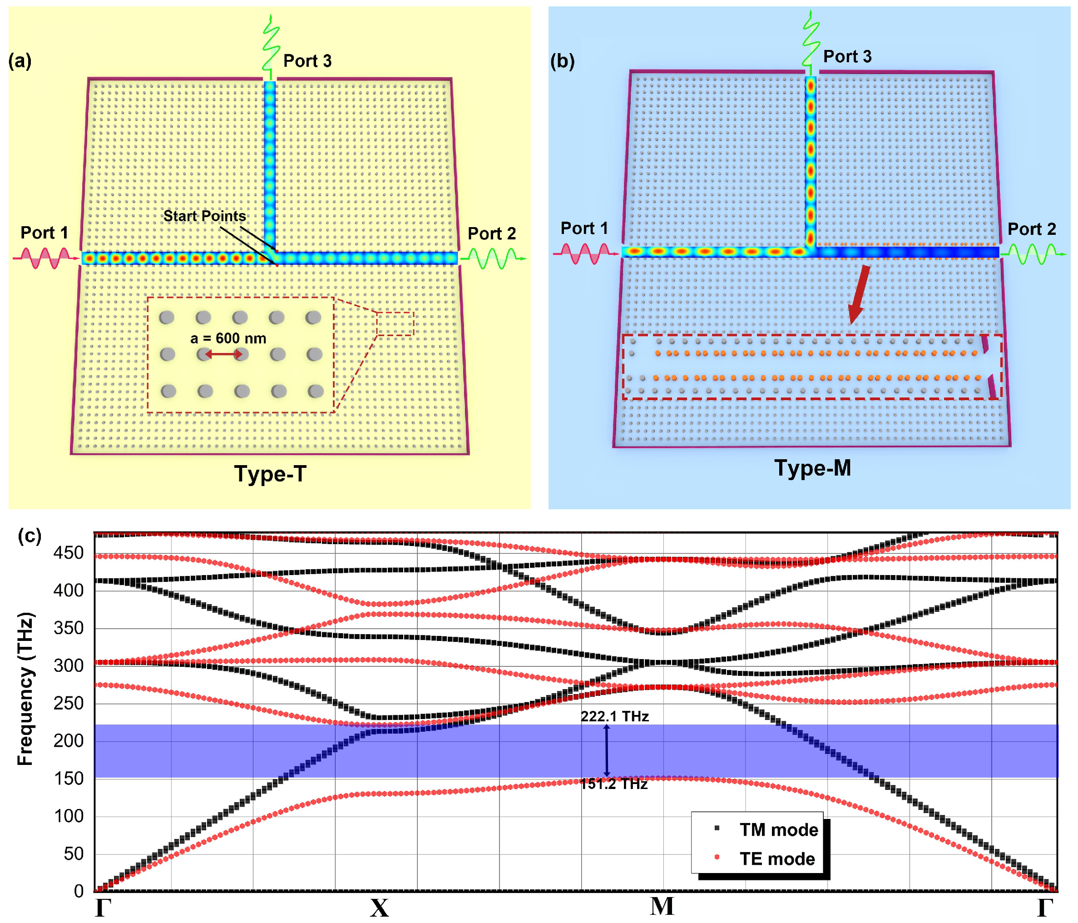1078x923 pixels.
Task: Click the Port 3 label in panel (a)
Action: pos(307,61)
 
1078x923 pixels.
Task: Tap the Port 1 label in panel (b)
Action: pos(584,228)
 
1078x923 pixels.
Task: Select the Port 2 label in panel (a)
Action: pos(492,233)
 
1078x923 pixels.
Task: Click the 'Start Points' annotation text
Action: pos(204,216)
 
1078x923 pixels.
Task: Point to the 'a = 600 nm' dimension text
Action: pos(228,338)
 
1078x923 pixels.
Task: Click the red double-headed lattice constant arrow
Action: pos(223,354)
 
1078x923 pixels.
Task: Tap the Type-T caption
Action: pos(270,474)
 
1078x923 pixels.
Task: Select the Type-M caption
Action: pos(812,468)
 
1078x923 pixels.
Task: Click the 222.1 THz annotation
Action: pos(614,716)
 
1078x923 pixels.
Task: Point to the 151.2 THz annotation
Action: pos(614,784)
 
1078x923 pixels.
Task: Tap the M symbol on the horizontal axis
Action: pos(662,906)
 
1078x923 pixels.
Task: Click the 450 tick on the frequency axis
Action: pos(68,553)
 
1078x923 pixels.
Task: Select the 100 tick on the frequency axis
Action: pos(68,816)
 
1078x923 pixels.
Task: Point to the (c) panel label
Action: pos(29,536)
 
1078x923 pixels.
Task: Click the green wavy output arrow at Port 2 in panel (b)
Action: pos(1032,254)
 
